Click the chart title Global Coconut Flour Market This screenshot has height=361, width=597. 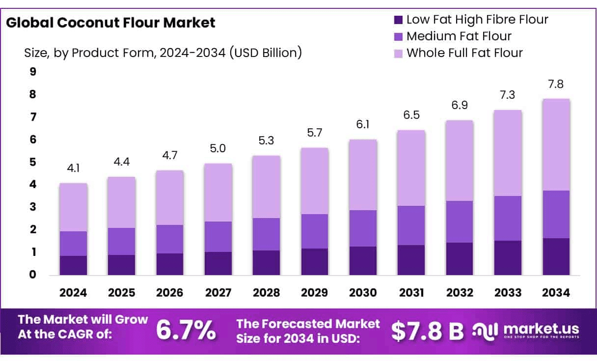(110, 23)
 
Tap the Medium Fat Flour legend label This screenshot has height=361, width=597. (459, 36)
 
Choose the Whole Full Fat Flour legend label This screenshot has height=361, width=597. (464, 53)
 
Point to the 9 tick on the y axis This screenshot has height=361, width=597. (33, 72)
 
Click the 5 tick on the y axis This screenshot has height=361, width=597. (33, 162)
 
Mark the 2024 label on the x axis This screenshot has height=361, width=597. (73, 293)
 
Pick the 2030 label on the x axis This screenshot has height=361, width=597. (363, 293)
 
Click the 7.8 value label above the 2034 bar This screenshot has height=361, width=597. (556, 84)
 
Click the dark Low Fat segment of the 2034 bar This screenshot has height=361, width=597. (556, 256)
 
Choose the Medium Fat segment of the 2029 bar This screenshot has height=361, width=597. (315, 231)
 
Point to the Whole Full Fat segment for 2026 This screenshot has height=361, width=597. (170, 197)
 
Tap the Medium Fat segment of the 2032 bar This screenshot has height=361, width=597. (460, 222)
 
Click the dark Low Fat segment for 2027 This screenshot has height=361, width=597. (218, 263)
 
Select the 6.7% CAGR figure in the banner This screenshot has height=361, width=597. (186, 330)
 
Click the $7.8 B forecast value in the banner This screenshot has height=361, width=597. (427, 331)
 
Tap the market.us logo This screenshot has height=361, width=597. (526, 330)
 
